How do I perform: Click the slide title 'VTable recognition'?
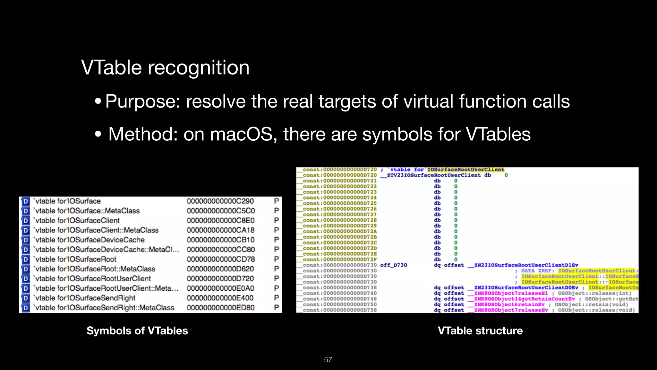165,68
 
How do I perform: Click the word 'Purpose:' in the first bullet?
143,101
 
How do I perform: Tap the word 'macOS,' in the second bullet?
244,134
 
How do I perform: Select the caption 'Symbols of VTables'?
137,331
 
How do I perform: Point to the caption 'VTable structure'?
480,331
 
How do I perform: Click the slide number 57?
328,360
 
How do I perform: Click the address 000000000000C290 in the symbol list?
220,201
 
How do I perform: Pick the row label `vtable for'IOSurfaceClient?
77,221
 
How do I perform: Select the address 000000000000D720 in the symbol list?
220,279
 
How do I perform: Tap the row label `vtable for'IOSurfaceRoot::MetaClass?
95,269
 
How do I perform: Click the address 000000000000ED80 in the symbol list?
220,308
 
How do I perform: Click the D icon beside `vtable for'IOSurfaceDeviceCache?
26,240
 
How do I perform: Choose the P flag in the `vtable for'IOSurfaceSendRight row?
276,298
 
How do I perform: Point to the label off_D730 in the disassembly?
393,265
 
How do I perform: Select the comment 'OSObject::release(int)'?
594,293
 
